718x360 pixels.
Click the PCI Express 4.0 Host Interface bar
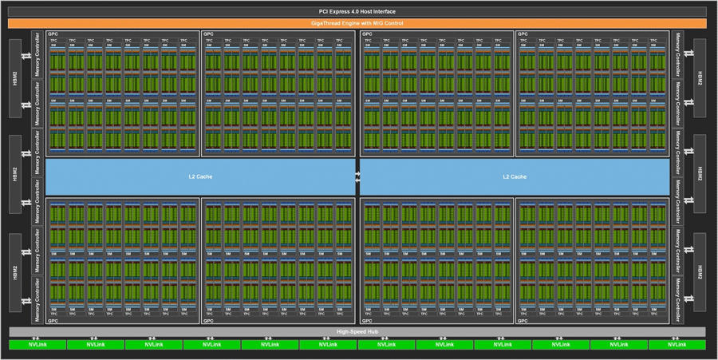pos(357,11)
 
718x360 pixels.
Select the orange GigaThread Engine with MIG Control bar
pos(357,23)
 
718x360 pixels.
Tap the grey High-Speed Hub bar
pos(357,331)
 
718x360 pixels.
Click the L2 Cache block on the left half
pos(199,176)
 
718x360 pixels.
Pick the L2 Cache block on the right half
pos(515,176)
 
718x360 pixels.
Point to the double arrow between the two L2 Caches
pos(357,177)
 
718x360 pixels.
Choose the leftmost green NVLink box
pos(37,345)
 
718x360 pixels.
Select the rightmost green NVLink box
pos(677,345)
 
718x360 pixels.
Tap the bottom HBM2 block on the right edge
pos(700,272)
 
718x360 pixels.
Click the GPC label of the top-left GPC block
pos(53,34)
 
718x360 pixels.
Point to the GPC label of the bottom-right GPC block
pos(523,321)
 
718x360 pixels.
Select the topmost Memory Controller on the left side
pos(37,54)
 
